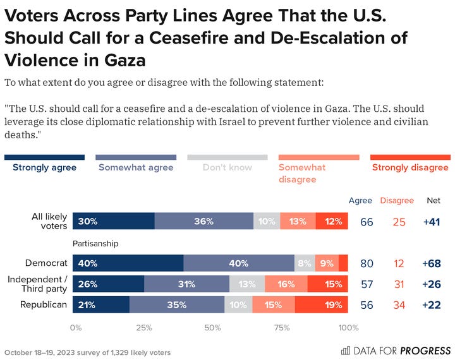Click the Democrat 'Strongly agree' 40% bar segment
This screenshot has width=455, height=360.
(x=128, y=263)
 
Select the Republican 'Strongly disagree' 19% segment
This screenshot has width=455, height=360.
(x=321, y=305)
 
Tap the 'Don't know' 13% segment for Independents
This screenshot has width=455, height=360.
(x=247, y=284)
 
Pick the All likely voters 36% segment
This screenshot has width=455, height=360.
(x=203, y=222)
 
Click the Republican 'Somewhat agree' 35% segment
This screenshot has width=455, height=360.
(x=176, y=305)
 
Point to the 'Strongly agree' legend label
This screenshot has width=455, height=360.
(x=44, y=167)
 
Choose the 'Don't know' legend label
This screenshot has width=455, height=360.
(x=227, y=167)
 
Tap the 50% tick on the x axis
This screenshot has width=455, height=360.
(x=212, y=327)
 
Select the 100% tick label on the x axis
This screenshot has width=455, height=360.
(x=348, y=327)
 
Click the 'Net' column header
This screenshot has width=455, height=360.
(x=433, y=200)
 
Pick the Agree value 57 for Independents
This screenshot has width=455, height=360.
(x=366, y=284)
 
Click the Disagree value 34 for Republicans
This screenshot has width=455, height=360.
(x=399, y=305)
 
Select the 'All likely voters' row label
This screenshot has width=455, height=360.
(x=49, y=222)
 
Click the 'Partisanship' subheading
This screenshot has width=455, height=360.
(x=97, y=243)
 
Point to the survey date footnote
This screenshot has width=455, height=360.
(x=87, y=352)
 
